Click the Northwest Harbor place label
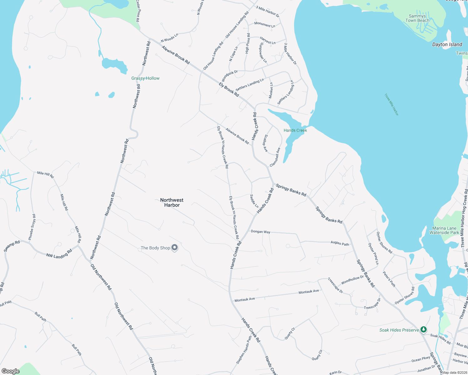pos(172,202)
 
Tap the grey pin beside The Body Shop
pos(175,248)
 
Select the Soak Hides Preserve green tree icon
pos(423,329)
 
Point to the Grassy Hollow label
pos(145,78)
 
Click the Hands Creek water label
pos(295,130)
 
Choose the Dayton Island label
pos(447,44)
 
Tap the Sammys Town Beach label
pos(417,18)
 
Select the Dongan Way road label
pos(261,232)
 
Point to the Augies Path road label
pos(340,243)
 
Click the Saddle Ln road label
pos(254,201)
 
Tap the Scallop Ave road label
pos(265,143)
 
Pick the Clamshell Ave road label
pos(275,157)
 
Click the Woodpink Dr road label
pos(230,76)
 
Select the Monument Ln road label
pos(265,24)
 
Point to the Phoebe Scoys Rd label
pos(32,227)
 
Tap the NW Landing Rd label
pos(59,253)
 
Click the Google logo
pos(11,371)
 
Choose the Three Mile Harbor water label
pos(392,105)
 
